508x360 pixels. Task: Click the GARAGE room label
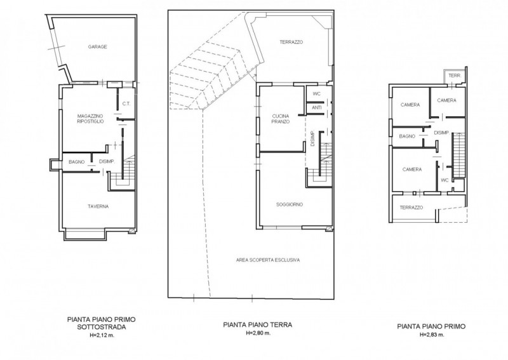point(97,47)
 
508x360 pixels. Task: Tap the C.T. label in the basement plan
point(126,103)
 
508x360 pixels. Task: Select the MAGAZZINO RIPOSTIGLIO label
point(90,119)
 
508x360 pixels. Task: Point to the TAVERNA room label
point(98,206)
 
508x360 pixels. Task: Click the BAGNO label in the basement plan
point(76,162)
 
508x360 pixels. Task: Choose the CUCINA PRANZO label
point(281,119)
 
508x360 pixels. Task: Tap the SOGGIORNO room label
point(290,204)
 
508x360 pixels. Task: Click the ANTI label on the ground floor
point(316,107)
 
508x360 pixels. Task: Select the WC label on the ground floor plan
point(316,94)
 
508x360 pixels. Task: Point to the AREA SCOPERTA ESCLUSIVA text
point(267,260)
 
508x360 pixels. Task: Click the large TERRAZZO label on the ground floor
point(291,42)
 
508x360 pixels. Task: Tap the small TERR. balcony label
point(455,76)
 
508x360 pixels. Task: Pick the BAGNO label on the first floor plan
point(407,137)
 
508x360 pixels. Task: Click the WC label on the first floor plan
point(445,180)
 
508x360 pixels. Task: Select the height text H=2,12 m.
point(102,335)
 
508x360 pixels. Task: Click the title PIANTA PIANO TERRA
point(258,324)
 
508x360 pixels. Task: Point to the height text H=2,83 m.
point(432,335)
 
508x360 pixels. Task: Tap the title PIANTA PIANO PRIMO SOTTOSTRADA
point(102,323)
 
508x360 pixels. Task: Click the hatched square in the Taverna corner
point(131,231)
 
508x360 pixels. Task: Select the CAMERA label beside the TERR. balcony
point(446,100)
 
